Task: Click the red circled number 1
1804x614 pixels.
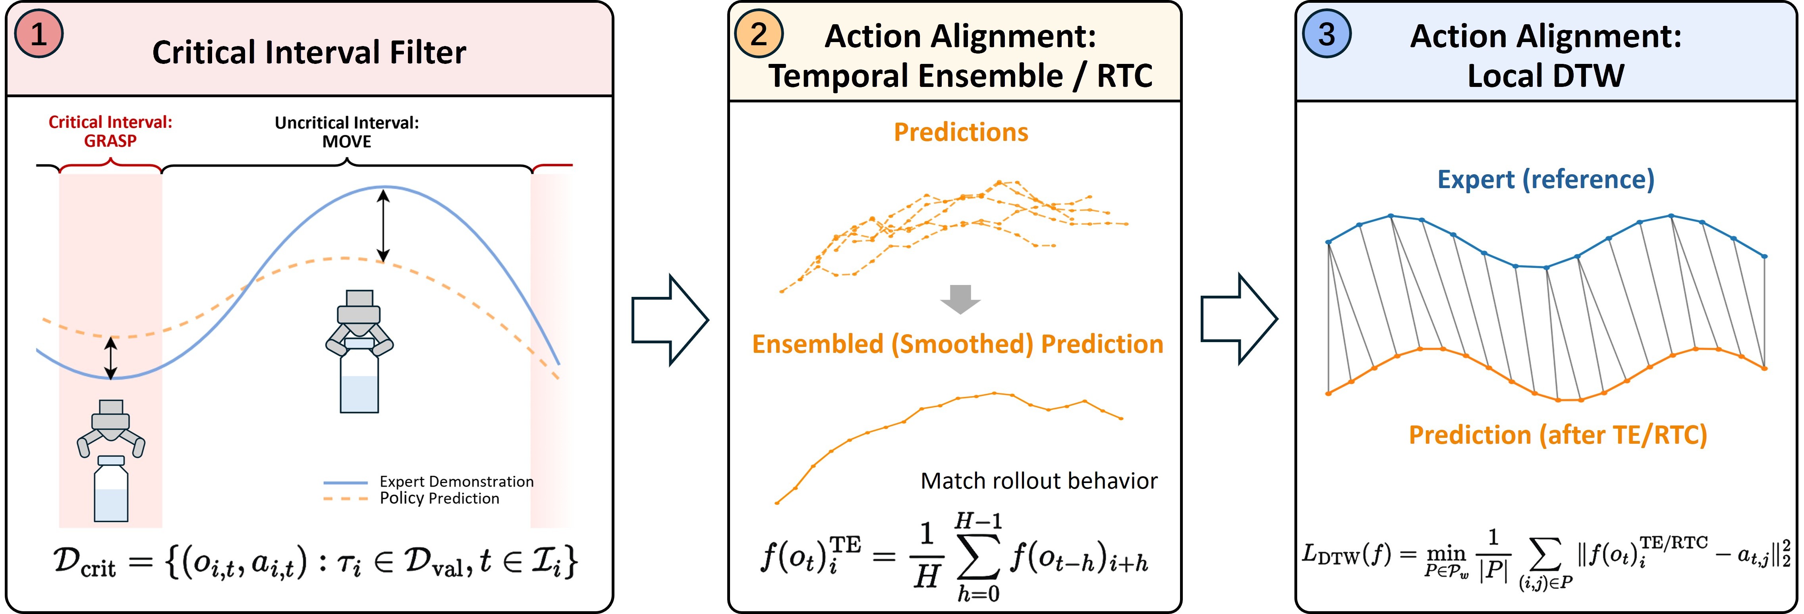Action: (x=39, y=34)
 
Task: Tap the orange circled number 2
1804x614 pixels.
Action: (x=759, y=34)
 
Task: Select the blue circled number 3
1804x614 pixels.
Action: (x=1326, y=34)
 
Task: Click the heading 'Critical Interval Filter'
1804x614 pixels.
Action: (x=309, y=52)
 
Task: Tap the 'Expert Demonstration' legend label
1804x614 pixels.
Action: (x=457, y=482)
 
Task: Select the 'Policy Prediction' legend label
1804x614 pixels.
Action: (x=440, y=499)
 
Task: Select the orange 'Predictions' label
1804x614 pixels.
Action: (x=961, y=132)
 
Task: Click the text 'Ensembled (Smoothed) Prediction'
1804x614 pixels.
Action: (x=957, y=345)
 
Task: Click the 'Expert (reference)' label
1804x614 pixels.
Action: (x=1545, y=180)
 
